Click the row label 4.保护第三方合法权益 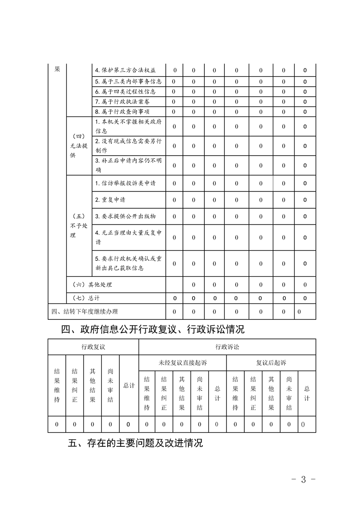coord(125,70)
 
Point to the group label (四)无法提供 coord(78,146)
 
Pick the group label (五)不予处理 coord(78,225)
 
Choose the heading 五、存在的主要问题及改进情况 coord(135,443)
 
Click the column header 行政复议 coord(93,347)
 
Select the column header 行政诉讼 coord(227,347)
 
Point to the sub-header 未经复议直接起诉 coord(182,362)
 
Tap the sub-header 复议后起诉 coord(271,362)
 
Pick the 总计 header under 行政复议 coord(129,385)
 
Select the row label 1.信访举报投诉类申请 coord(125,183)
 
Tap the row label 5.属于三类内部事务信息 coord(128,82)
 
